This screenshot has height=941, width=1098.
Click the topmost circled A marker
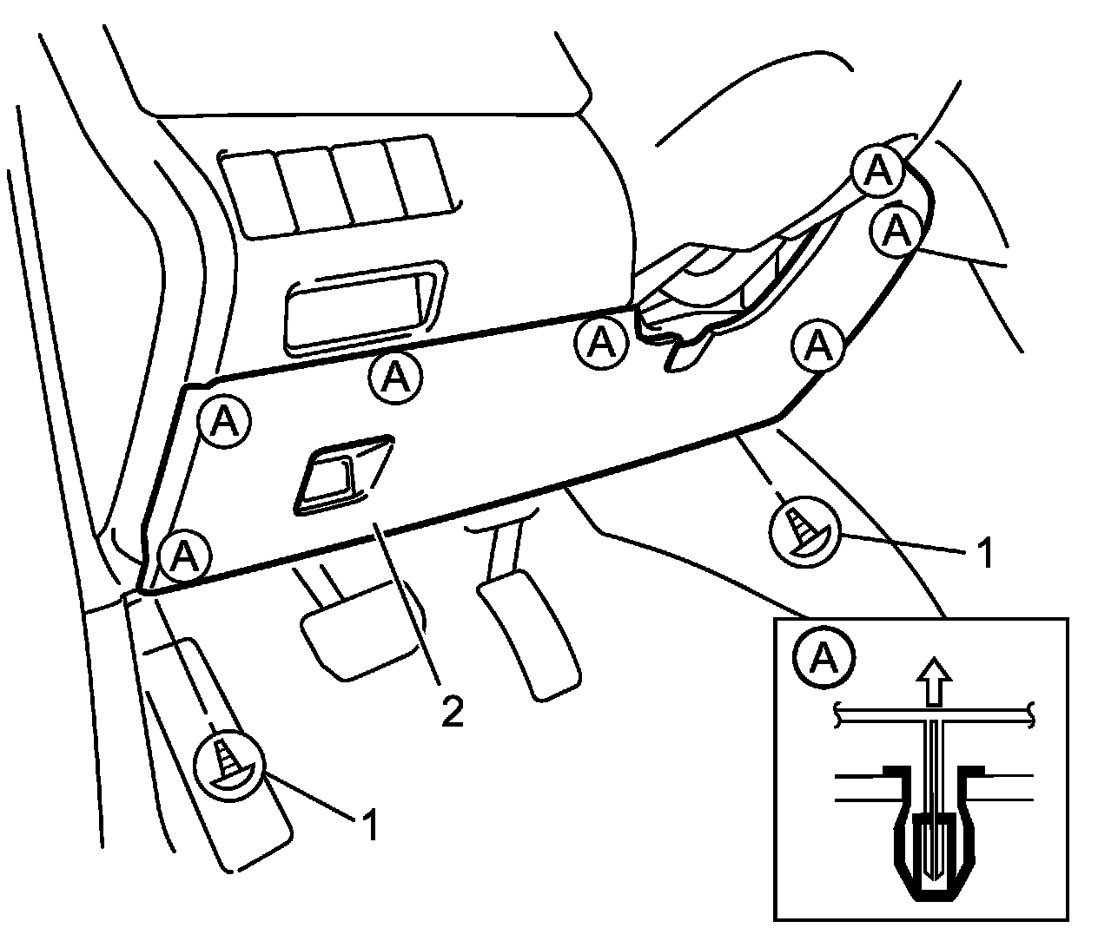(878, 171)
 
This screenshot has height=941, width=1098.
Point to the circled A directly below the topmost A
(897, 230)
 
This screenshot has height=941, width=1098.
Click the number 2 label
(452, 712)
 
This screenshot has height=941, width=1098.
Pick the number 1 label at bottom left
(371, 826)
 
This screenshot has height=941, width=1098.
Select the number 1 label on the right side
(984, 553)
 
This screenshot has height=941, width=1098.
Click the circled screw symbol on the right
(804, 528)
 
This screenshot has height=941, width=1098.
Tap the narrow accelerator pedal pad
(527, 638)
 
